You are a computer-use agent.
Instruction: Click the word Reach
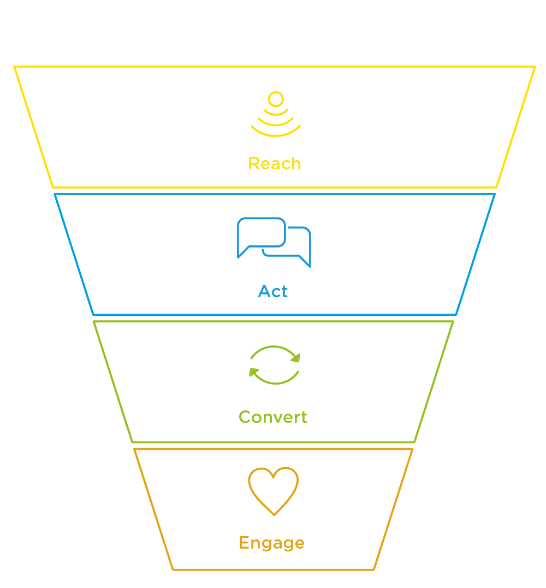274,163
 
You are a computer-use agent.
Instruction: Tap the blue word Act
273,291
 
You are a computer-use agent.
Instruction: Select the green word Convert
273,417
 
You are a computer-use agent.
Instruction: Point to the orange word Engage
271,543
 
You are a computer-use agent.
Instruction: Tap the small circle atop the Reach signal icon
276,99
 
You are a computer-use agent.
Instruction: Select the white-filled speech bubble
262,233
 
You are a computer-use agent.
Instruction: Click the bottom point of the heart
274,513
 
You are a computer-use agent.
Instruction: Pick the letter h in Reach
295,163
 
